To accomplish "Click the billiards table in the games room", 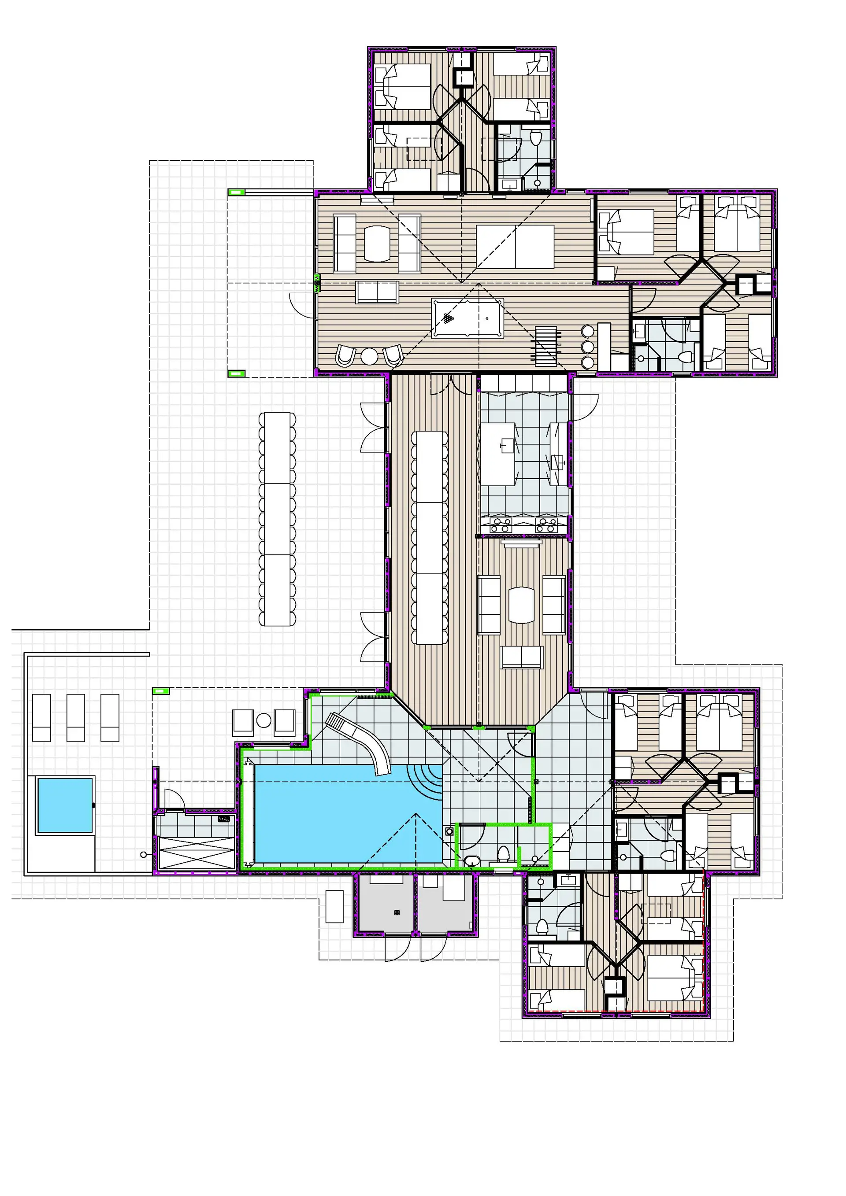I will [x=467, y=318].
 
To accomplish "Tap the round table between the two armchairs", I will [x=369, y=356].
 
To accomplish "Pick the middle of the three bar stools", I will [x=587, y=347].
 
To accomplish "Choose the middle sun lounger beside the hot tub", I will [x=76, y=717].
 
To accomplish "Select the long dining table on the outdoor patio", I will [x=277, y=519].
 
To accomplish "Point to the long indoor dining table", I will [x=430, y=537].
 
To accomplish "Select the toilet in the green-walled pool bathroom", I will [x=503, y=854].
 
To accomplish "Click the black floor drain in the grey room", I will [x=397, y=912].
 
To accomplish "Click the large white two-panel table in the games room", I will [x=515, y=247].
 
